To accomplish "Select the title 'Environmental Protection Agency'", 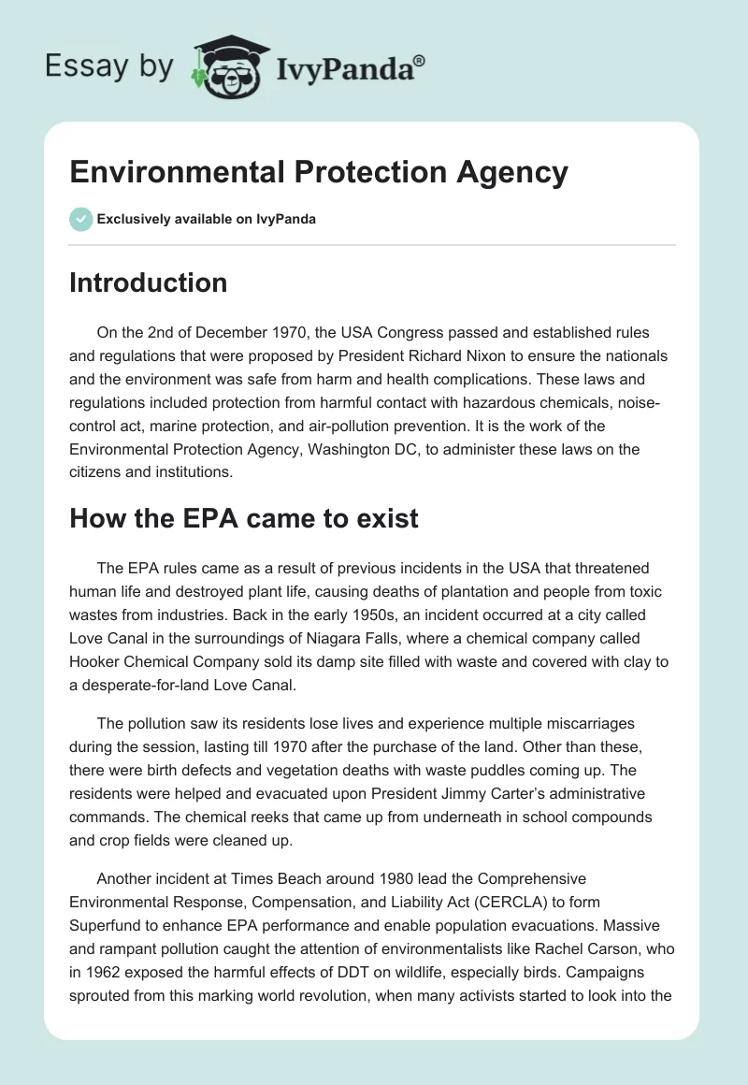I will click(319, 172).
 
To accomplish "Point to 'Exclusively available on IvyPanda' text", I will click(206, 220).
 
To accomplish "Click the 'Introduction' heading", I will click(148, 282).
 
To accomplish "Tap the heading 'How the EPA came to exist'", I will click(243, 518).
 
